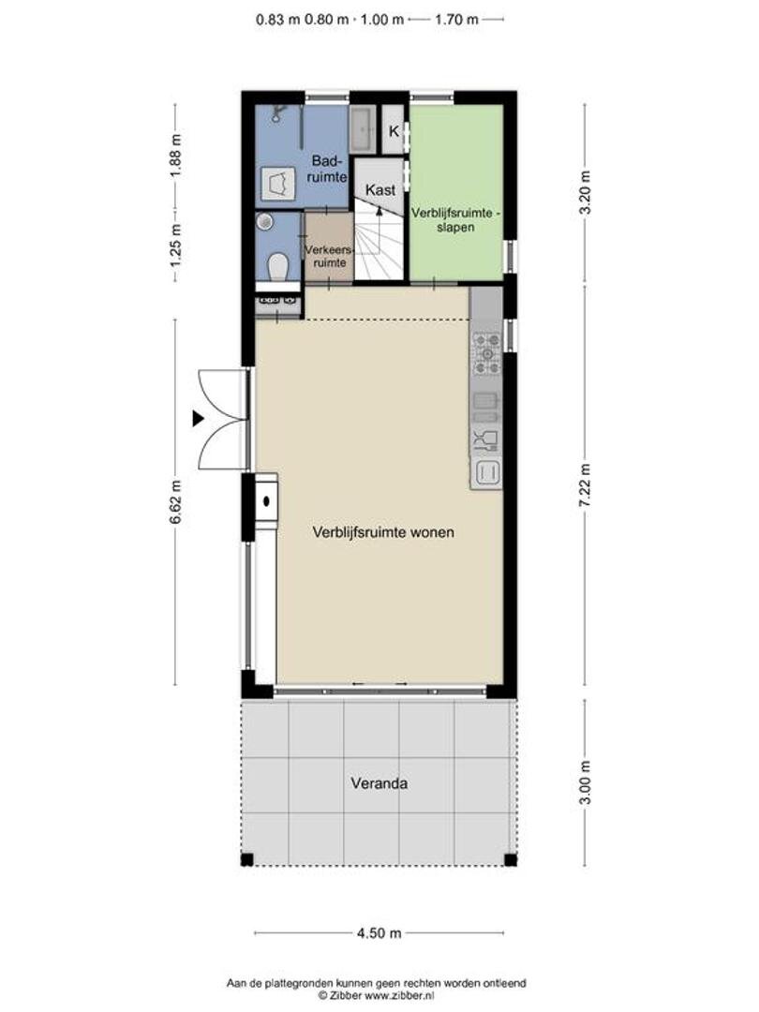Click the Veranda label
click(x=379, y=782)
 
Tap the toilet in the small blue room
click(x=278, y=266)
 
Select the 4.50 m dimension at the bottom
click(x=379, y=932)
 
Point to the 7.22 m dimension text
click(x=585, y=486)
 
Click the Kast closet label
click(x=380, y=189)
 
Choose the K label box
click(x=393, y=131)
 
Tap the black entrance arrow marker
click(x=198, y=419)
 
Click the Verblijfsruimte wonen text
click(x=382, y=532)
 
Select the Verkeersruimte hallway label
click(x=329, y=256)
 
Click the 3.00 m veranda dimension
click(x=585, y=782)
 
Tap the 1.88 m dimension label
click(x=175, y=155)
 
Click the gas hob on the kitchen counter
click(x=486, y=353)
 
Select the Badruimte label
click(x=328, y=168)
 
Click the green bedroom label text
click(x=455, y=219)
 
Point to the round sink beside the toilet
click(x=264, y=223)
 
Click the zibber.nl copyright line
click(x=377, y=995)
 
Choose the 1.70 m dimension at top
click(x=457, y=20)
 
